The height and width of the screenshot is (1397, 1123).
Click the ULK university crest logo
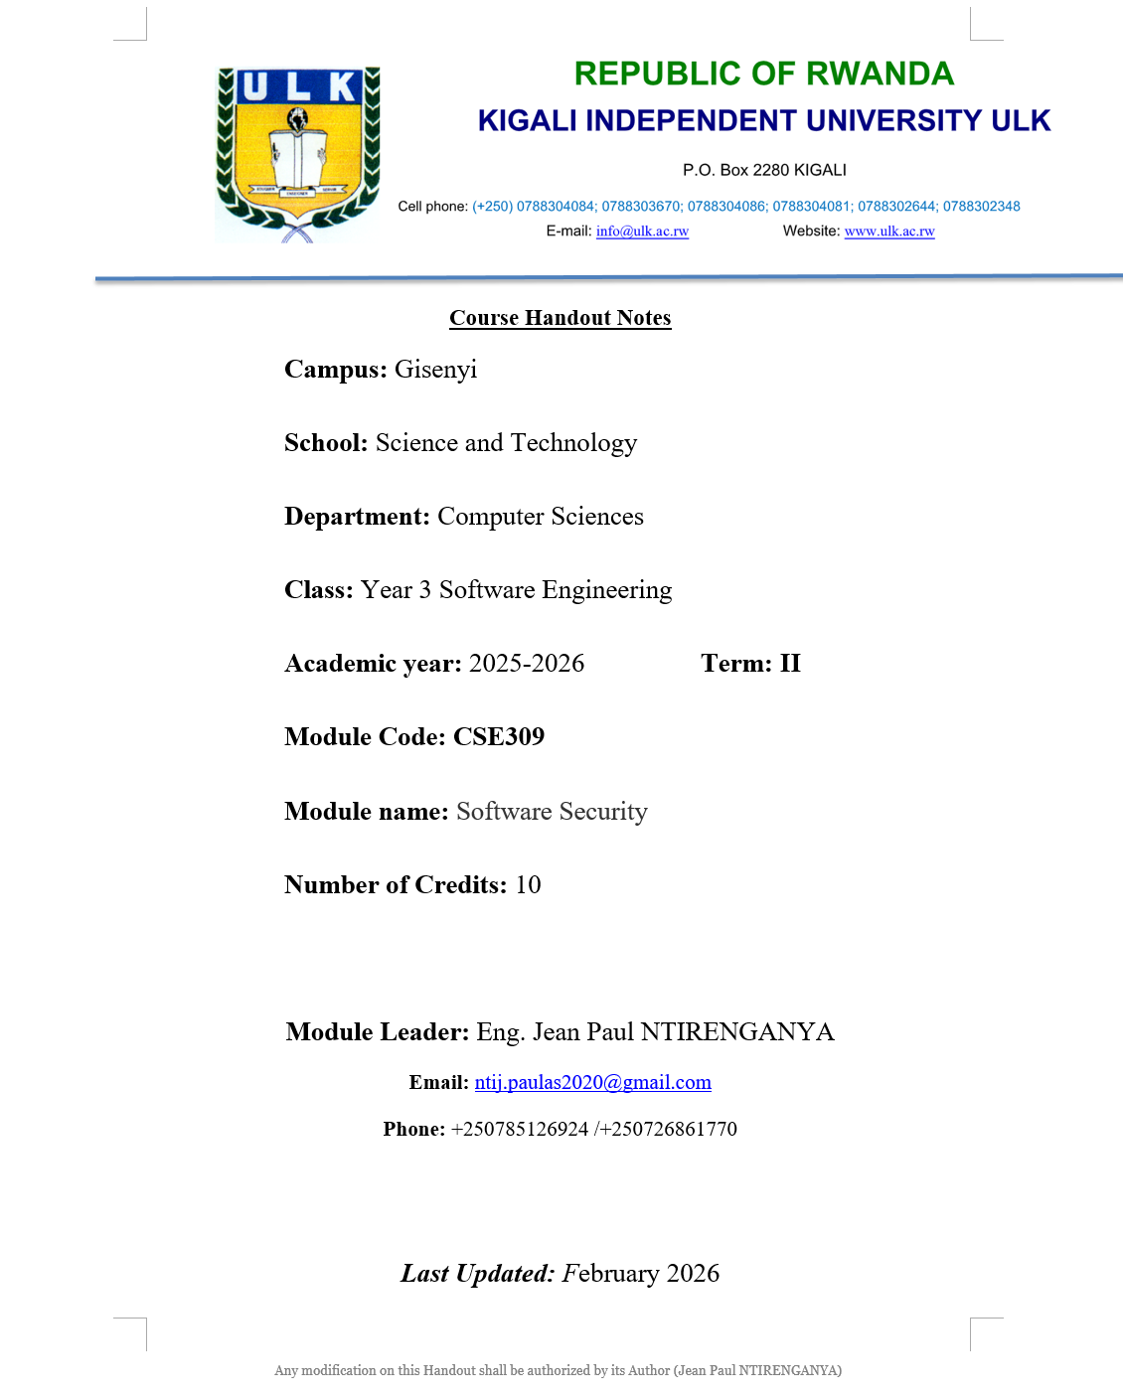click(x=298, y=154)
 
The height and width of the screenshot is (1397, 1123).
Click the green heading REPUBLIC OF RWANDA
click(x=763, y=74)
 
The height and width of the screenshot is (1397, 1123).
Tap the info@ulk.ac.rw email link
click(x=642, y=232)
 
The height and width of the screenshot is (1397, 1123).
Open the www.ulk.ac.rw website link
click(x=889, y=232)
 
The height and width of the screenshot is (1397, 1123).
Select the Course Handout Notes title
click(x=560, y=318)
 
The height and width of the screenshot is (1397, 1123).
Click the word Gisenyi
click(x=435, y=370)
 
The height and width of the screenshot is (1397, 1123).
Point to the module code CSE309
click(x=499, y=737)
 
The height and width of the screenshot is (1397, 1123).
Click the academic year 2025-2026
click(x=527, y=664)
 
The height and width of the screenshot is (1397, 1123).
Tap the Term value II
click(x=790, y=664)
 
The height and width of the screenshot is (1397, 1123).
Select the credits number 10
click(x=528, y=885)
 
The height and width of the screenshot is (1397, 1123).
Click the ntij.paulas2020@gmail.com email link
click(x=592, y=1083)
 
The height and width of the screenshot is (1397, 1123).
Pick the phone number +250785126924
click(x=520, y=1130)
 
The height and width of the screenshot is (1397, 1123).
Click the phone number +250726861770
click(x=668, y=1130)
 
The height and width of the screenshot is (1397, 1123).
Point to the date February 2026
click(x=641, y=1274)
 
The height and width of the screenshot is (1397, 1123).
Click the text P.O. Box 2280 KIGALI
click(x=764, y=170)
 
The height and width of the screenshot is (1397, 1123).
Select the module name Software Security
click(x=552, y=812)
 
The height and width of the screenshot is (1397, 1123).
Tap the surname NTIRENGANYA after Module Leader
click(x=737, y=1032)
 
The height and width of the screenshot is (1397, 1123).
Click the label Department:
click(x=357, y=517)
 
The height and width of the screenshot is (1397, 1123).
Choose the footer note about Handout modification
click(x=558, y=1370)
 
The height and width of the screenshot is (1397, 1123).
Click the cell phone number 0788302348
click(x=981, y=207)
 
